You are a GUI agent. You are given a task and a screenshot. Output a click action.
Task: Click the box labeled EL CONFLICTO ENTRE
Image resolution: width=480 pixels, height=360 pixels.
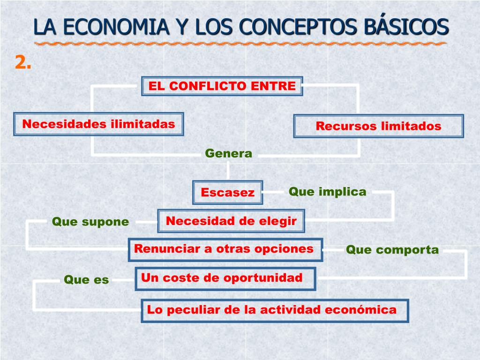(x=222, y=86)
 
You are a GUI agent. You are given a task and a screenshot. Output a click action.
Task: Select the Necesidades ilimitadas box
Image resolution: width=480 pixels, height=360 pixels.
(x=98, y=124)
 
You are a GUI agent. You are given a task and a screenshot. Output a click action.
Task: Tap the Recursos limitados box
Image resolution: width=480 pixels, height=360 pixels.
(x=378, y=126)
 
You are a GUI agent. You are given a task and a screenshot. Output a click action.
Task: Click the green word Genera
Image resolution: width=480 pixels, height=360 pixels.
(x=229, y=153)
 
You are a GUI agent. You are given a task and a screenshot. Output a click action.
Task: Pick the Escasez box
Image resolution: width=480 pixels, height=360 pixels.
(x=228, y=192)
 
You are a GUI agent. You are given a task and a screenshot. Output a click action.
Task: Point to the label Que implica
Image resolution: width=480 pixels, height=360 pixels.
(x=327, y=191)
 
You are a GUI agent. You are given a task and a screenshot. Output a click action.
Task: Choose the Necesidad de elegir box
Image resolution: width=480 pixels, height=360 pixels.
(x=231, y=221)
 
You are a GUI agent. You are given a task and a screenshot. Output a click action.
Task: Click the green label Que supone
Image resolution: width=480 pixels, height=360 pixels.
(x=90, y=222)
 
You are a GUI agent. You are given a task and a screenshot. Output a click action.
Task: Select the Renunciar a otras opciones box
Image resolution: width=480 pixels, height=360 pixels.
(x=225, y=249)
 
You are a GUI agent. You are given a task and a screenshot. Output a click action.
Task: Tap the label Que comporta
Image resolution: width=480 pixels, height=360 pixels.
(x=392, y=250)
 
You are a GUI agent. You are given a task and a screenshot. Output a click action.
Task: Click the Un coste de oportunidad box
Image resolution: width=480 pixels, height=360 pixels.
(x=225, y=278)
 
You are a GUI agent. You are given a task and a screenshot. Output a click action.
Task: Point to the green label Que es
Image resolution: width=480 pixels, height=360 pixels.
(x=86, y=280)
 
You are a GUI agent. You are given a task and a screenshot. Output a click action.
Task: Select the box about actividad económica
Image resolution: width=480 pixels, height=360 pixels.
(x=275, y=310)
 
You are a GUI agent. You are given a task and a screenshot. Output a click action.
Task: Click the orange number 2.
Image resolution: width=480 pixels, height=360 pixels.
(x=23, y=62)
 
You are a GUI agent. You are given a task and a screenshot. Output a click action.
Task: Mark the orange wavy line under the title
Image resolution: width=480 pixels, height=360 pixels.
(x=240, y=44)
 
